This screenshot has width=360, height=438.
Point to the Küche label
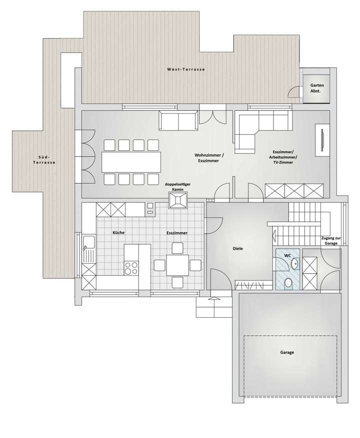coord(118,233)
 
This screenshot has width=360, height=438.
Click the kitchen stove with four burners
coord(130,268)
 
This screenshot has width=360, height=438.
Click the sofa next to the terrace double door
coord(178,120)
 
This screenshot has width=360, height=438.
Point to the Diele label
coord(237,248)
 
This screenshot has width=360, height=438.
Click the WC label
coord(287,255)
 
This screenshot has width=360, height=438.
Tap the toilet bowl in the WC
coord(288,283)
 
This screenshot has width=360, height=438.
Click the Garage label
coord(287,353)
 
